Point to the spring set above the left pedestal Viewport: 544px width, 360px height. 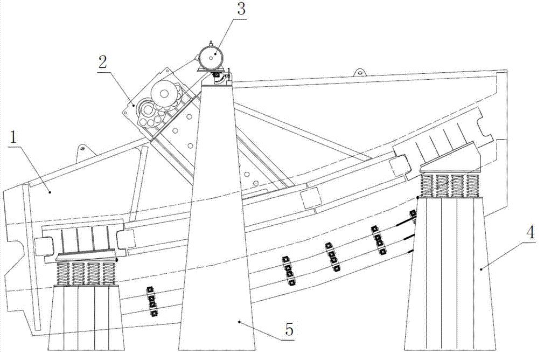pos(86,273)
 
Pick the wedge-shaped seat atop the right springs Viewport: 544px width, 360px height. pos(450,158)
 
